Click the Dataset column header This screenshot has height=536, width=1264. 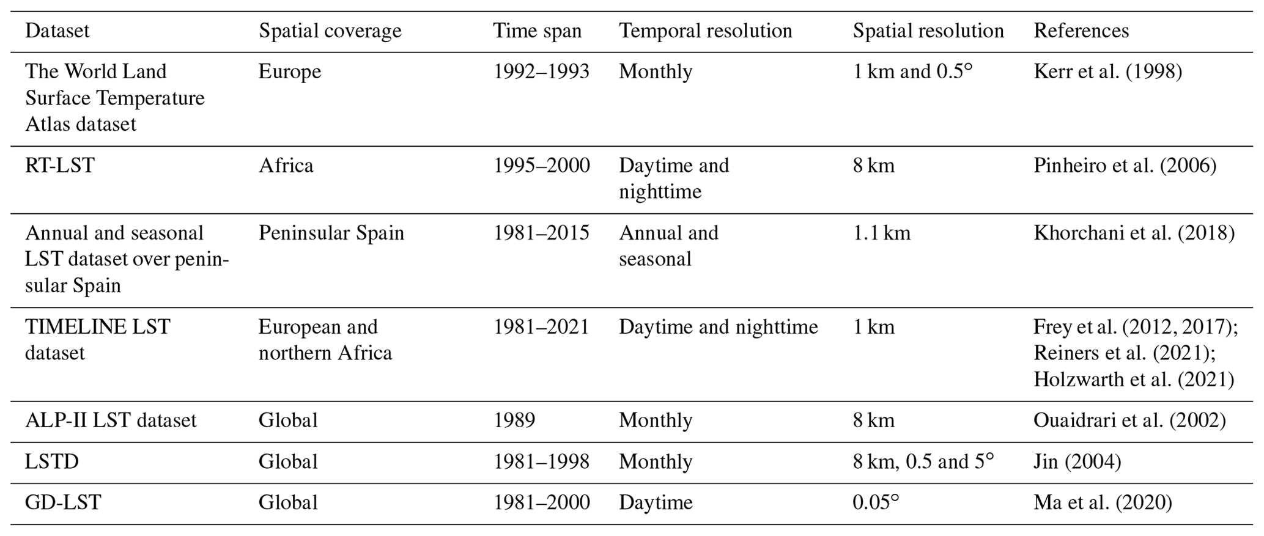click(57, 31)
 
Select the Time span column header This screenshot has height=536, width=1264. click(538, 31)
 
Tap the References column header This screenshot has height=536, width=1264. click(1081, 31)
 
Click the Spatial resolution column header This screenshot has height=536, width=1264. click(928, 31)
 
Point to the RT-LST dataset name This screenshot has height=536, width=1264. click(59, 165)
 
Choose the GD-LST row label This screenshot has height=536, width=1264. click(63, 502)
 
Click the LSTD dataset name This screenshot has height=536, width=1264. click(52, 461)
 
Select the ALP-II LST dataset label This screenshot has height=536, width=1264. click(111, 420)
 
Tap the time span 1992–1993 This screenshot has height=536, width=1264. click(541, 72)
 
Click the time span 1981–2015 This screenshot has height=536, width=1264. click(541, 233)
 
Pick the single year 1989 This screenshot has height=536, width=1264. click(514, 420)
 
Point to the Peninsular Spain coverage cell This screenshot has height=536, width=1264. click(331, 233)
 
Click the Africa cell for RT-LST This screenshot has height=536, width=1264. click(286, 165)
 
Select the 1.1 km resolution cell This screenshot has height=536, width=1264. click(881, 233)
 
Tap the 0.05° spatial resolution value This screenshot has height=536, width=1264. click(876, 502)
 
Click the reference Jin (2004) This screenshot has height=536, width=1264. click(1077, 461)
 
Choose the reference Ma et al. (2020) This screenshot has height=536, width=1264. click(1103, 502)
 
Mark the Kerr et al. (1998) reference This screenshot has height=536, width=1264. click(1107, 72)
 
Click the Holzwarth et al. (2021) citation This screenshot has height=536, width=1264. click(1133, 380)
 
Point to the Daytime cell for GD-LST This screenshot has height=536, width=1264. click(656, 502)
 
